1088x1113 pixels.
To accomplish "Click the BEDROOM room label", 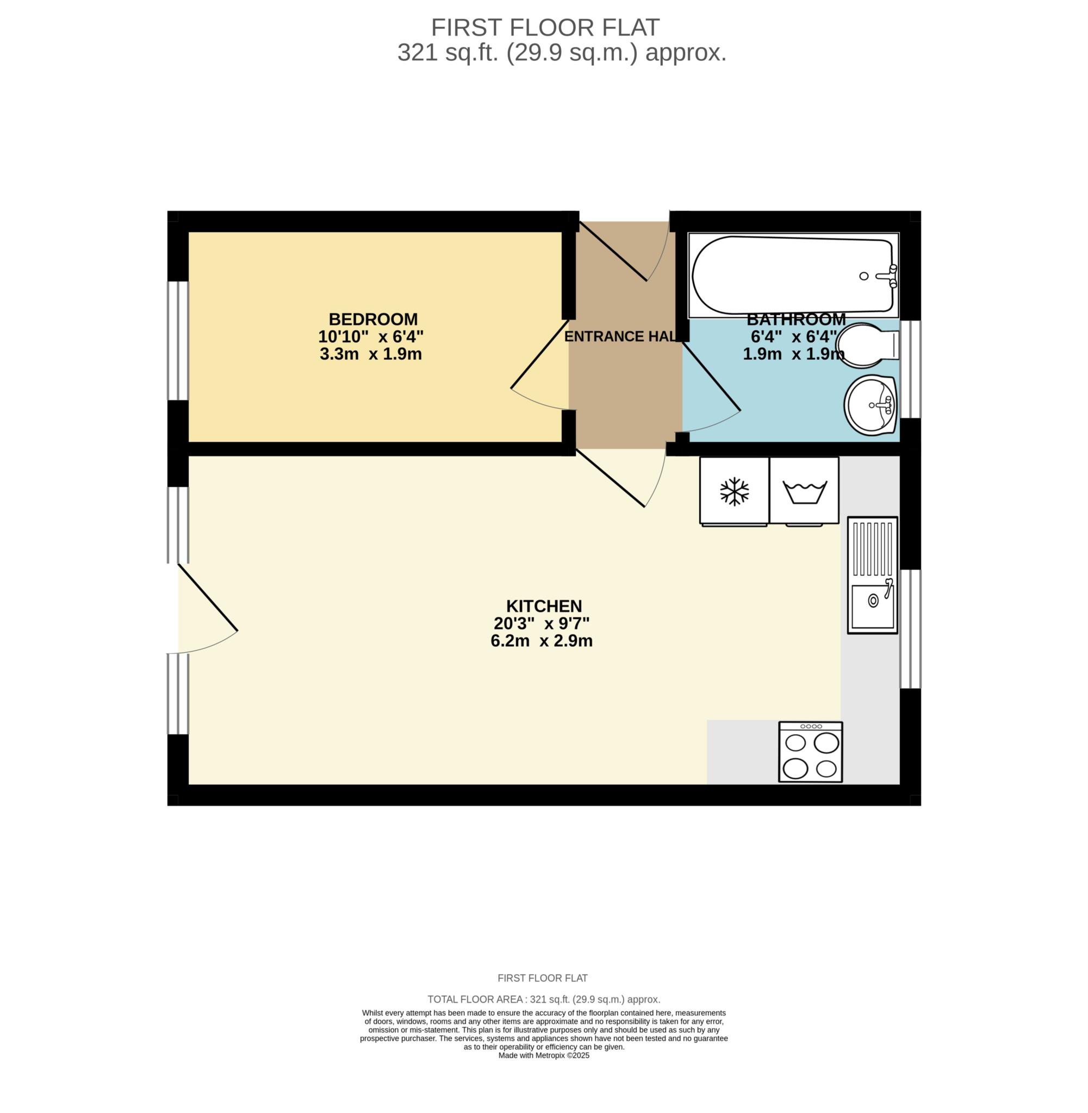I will click(373, 319).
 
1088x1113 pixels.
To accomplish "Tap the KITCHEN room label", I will click(543, 606).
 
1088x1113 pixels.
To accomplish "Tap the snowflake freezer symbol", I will click(734, 492).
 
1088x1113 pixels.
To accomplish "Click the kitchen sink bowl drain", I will click(873, 601).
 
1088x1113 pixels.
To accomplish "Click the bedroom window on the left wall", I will click(178, 340).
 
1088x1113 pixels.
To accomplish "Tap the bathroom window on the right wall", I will click(910, 369).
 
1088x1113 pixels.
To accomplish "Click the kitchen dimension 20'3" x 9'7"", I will click(541, 623).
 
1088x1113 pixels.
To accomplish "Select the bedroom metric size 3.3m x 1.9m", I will click(371, 354).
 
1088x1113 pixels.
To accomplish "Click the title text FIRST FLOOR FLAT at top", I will click(545, 27).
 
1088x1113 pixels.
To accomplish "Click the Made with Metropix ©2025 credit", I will click(543, 1055).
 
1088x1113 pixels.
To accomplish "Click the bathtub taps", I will click(887, 276).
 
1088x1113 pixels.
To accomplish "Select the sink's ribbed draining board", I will click(873, 549).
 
